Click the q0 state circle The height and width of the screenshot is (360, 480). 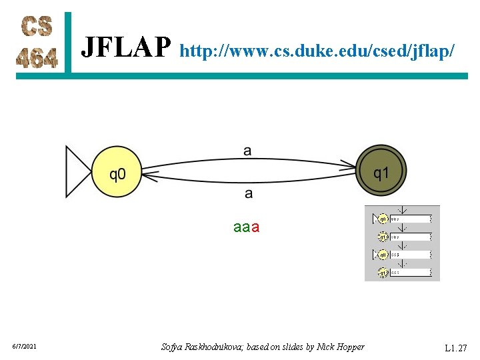[117, 175]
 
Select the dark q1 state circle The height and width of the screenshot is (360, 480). [382, 173]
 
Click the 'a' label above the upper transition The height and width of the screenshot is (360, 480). [248, 151]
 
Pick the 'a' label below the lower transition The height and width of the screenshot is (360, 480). [249, 194]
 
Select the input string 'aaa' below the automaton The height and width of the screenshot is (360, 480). [247, 227]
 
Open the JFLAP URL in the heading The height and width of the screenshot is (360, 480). [317, 50]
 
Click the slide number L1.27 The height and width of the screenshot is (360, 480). [456, 347]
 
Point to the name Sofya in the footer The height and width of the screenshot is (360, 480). [176, 347]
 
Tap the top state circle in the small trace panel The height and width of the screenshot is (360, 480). [383, 219]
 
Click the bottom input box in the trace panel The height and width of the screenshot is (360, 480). [411, 273]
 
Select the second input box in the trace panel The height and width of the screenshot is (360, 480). [411, 237]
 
